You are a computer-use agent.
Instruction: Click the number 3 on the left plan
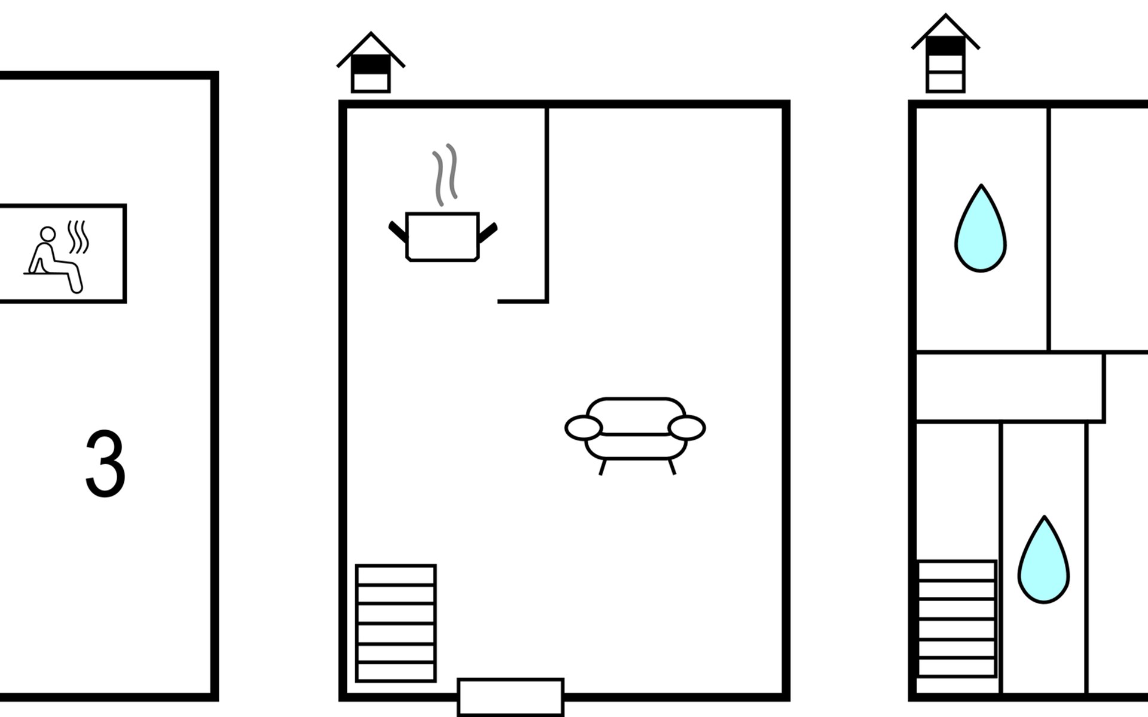tap(105, 463)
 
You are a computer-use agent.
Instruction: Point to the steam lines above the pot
tap(445, 174)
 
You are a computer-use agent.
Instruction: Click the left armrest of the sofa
tap(583, 428)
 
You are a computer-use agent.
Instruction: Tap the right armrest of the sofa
tap(687, 428)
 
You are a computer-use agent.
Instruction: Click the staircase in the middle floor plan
tap(396, 623)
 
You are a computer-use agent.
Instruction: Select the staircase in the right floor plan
tap(957, 618)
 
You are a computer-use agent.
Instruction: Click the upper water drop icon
tap(980, 230)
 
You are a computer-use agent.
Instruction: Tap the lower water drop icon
tap(1043, 562)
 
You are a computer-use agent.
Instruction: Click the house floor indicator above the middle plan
tap(371, 63)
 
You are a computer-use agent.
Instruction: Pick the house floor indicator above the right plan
tap(945, 54)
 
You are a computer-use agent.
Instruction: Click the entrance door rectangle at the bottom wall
tap(511, 697)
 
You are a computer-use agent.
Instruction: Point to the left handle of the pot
tap(398, 232)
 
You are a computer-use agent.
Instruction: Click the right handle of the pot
tap(488, 232)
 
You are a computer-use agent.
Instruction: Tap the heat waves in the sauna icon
tap(78, 237)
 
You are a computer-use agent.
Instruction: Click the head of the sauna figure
tap(47, 234)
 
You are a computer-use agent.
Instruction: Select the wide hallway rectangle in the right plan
tap(1010, 387)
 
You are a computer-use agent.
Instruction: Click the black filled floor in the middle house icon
tap(371, 64)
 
